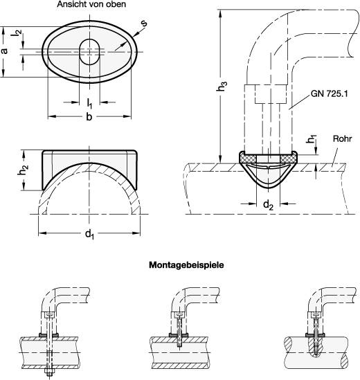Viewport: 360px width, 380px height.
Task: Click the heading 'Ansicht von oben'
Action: [91, 4]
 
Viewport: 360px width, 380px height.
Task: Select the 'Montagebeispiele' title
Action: [186, 265]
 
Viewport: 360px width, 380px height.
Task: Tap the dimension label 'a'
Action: [4, 51]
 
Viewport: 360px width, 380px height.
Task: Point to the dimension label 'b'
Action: [89, 117]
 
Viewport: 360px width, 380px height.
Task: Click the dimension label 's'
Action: [144, 24]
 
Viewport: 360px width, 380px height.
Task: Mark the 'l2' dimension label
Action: [17, 33]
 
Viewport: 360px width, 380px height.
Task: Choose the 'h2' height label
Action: [24, 170]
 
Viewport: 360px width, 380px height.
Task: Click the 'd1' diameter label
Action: [89, 234]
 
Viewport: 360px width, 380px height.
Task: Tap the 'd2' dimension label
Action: [268, 205]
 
